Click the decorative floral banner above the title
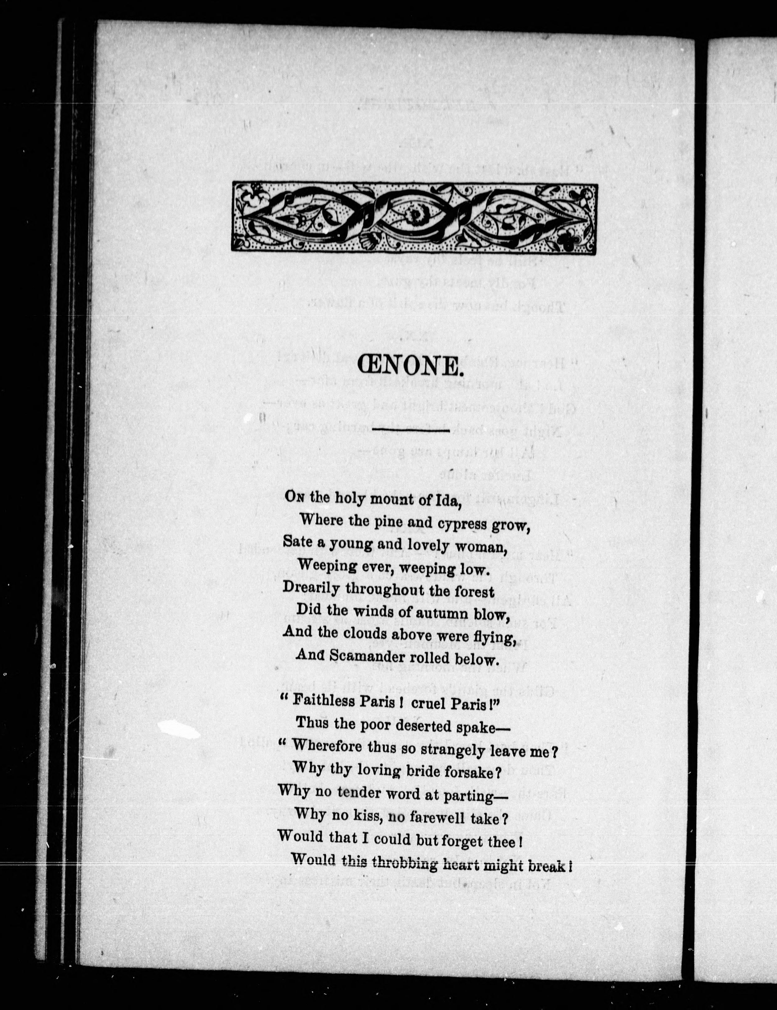pyautogui.click(x=415, y=217)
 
